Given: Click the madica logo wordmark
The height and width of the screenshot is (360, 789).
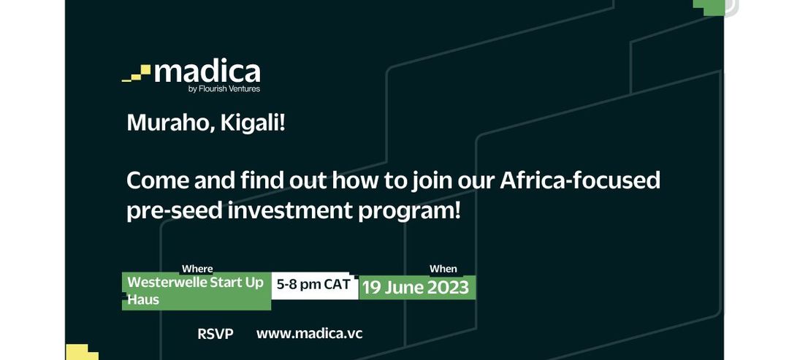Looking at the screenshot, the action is coord(207,72).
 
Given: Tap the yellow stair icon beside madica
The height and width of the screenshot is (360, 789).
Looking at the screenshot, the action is coord(137,74).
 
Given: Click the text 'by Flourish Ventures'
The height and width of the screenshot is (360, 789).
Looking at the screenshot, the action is coord(224,89).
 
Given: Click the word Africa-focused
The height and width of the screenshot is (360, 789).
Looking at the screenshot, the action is coord(579,180).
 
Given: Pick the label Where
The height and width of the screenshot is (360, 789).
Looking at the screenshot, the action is coord(197,269).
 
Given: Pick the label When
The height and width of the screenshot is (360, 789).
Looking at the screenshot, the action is coord(443,269).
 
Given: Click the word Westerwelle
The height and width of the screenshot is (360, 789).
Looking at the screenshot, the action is coord(166,282).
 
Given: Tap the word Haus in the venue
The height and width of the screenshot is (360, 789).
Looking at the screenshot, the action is coord(143,299).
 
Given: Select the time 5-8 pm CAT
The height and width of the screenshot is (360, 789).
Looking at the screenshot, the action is coord(313,284).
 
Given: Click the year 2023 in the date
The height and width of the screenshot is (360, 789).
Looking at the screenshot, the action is coord(448,288).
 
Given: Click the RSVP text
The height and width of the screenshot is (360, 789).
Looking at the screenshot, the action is coord(216,334).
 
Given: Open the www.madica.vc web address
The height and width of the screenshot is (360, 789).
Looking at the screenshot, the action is coord(310,334).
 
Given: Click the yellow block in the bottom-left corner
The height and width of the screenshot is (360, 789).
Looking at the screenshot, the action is coord(82,352).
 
